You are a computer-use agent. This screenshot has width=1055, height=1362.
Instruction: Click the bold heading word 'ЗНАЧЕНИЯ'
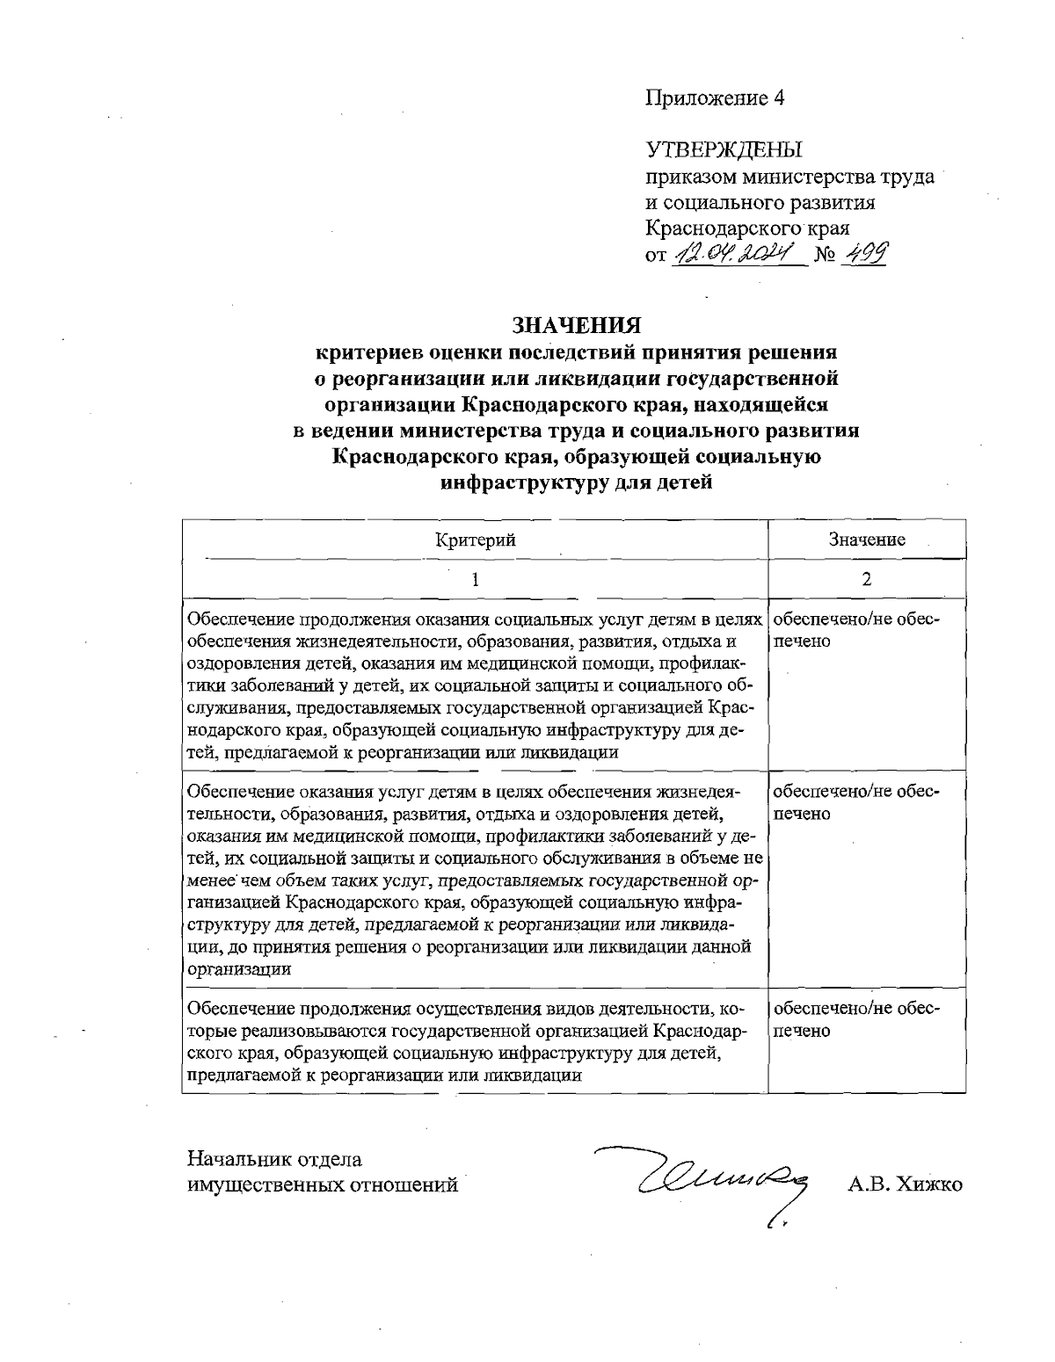click(x=577, y=325)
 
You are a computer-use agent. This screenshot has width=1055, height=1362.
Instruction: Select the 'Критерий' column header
click(x=475, y=540)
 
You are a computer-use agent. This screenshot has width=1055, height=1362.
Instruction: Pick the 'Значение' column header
click(x=866, y=540)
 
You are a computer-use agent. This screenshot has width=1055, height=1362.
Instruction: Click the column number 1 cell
click(x=475, y=579)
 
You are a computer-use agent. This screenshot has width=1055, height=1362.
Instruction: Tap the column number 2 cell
click(x=866, y=579)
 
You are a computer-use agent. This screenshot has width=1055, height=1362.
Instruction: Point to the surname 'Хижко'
click(x=930, y=1185)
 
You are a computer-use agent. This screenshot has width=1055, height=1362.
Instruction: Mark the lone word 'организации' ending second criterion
click(x=240, y=969)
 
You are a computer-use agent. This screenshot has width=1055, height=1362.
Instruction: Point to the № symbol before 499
click(x=825, y=258)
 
